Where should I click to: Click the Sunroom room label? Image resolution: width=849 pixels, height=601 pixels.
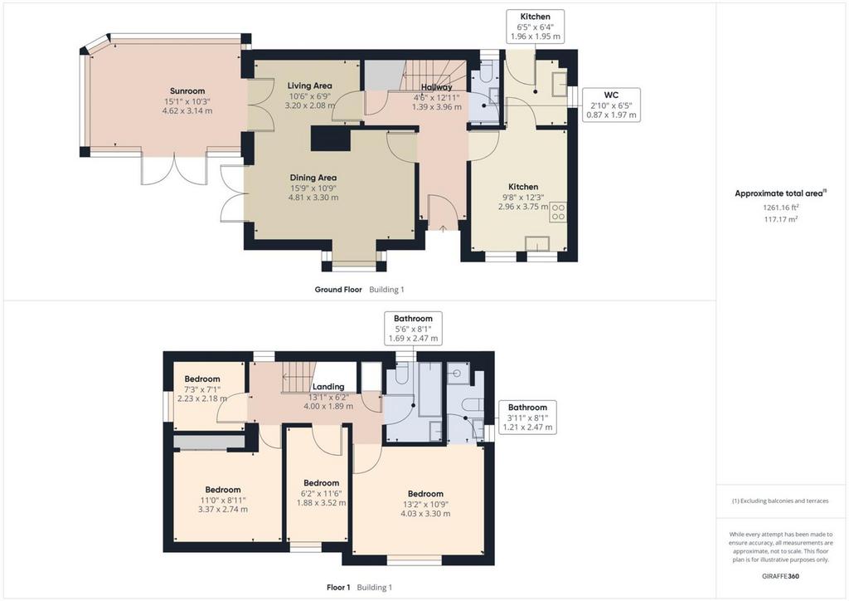187,91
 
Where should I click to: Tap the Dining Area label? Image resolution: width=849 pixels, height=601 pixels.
313,178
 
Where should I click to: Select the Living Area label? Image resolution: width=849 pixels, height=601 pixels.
310,86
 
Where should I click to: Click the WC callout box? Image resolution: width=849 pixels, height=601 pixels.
611,105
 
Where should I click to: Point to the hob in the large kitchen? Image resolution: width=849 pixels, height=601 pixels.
558,212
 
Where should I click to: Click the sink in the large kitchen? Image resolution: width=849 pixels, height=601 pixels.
538,243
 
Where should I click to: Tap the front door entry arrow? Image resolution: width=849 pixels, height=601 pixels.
443,228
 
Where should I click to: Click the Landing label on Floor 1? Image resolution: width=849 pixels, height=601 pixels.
328,387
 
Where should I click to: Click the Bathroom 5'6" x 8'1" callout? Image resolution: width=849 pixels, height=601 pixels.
413,329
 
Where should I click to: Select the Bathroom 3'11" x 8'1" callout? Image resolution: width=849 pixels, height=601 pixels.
527,417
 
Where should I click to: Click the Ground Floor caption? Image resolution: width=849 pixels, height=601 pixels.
338,290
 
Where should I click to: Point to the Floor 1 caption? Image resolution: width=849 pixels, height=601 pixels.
338,588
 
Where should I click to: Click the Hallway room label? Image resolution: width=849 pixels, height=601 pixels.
436,87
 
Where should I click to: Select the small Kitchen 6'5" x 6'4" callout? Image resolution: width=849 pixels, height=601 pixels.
535,27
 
